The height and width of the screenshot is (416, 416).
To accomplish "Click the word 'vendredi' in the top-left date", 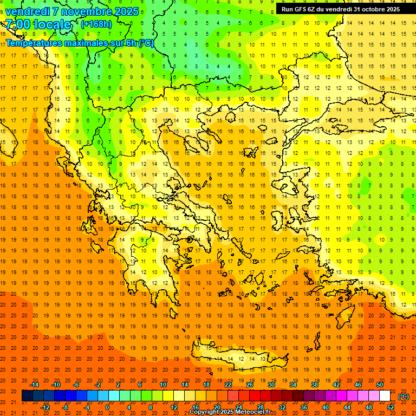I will (x=27, y=11).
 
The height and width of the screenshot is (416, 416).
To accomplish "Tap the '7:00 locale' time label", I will (x=38, y=24).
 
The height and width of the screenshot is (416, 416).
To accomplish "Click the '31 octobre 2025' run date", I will (x=377, y=9).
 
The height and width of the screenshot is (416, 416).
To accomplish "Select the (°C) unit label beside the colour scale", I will (x=404, y=396).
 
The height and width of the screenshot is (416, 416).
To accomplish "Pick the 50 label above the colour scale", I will (x=380, y=385).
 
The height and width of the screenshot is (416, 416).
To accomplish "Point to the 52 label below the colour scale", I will (x=391, y=407).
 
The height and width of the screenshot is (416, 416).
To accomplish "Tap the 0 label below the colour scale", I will (x=107, y=407).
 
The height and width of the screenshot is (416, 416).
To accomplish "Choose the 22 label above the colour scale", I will (x=228, y=385).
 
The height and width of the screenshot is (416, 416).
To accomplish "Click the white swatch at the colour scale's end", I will (x=385, y=396).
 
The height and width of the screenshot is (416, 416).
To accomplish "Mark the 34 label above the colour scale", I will (x=293, y=385).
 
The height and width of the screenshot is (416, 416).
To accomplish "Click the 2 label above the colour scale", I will (x=118, y=385).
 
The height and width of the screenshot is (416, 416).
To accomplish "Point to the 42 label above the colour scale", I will (x=336, y=385).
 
